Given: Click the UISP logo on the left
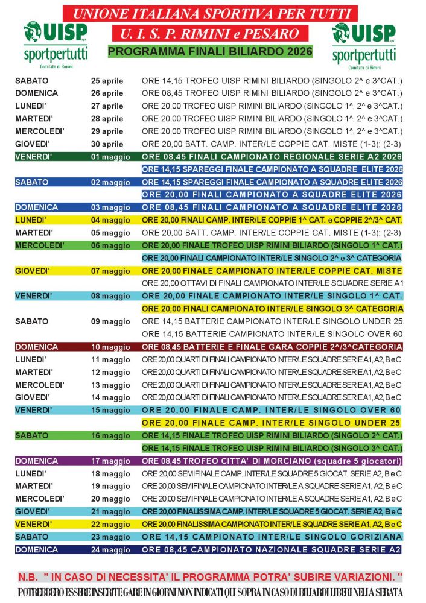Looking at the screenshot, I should (55, 42).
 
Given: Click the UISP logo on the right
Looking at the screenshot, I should (364, 42).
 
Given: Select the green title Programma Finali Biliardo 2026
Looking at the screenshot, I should (210, 52).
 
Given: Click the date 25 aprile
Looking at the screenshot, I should (107, 81).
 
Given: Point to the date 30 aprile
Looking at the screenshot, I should (107, 144).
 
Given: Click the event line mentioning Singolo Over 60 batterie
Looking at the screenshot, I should (272, 334).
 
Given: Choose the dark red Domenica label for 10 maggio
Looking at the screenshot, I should (36, 347).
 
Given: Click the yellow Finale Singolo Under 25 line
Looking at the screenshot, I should (272, 422).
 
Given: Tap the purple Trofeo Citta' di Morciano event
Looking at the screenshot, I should (272, 461).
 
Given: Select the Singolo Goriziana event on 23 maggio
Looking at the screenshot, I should (272, 537).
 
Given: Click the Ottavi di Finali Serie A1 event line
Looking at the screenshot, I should (272, 283).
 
